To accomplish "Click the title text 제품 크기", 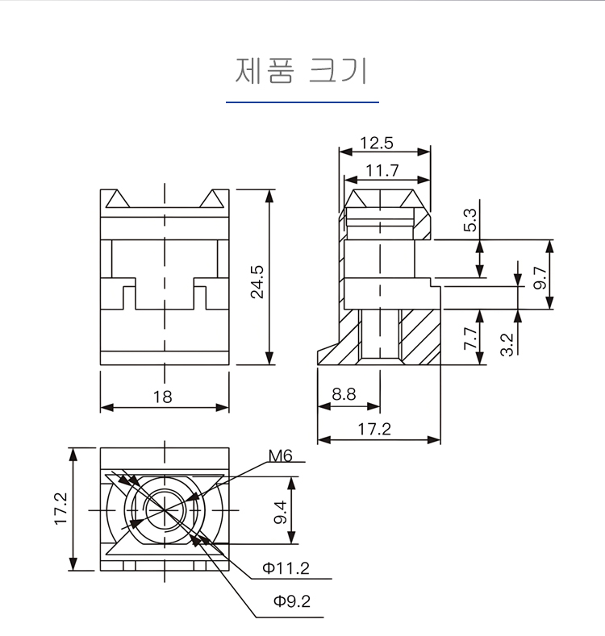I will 302,71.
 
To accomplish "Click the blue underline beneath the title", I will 302,102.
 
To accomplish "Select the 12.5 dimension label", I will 376,143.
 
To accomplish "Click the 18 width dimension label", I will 165,397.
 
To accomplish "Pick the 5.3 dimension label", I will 470,220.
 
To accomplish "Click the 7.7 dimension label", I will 470,336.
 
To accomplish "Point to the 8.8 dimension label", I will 343,394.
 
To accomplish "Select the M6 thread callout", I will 280,456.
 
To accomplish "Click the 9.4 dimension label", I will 280,510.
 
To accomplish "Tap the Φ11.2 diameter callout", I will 285,568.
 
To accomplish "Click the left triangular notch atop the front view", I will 119,199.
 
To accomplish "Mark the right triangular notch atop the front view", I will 212,199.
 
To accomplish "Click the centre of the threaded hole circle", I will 165,509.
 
